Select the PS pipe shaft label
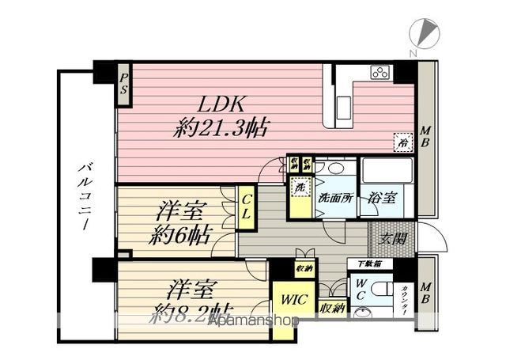(124, 84)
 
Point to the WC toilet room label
(361, 290)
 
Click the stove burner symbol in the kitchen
(378, 74)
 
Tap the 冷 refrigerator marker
(402, 143)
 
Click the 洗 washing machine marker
(299, 189)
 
